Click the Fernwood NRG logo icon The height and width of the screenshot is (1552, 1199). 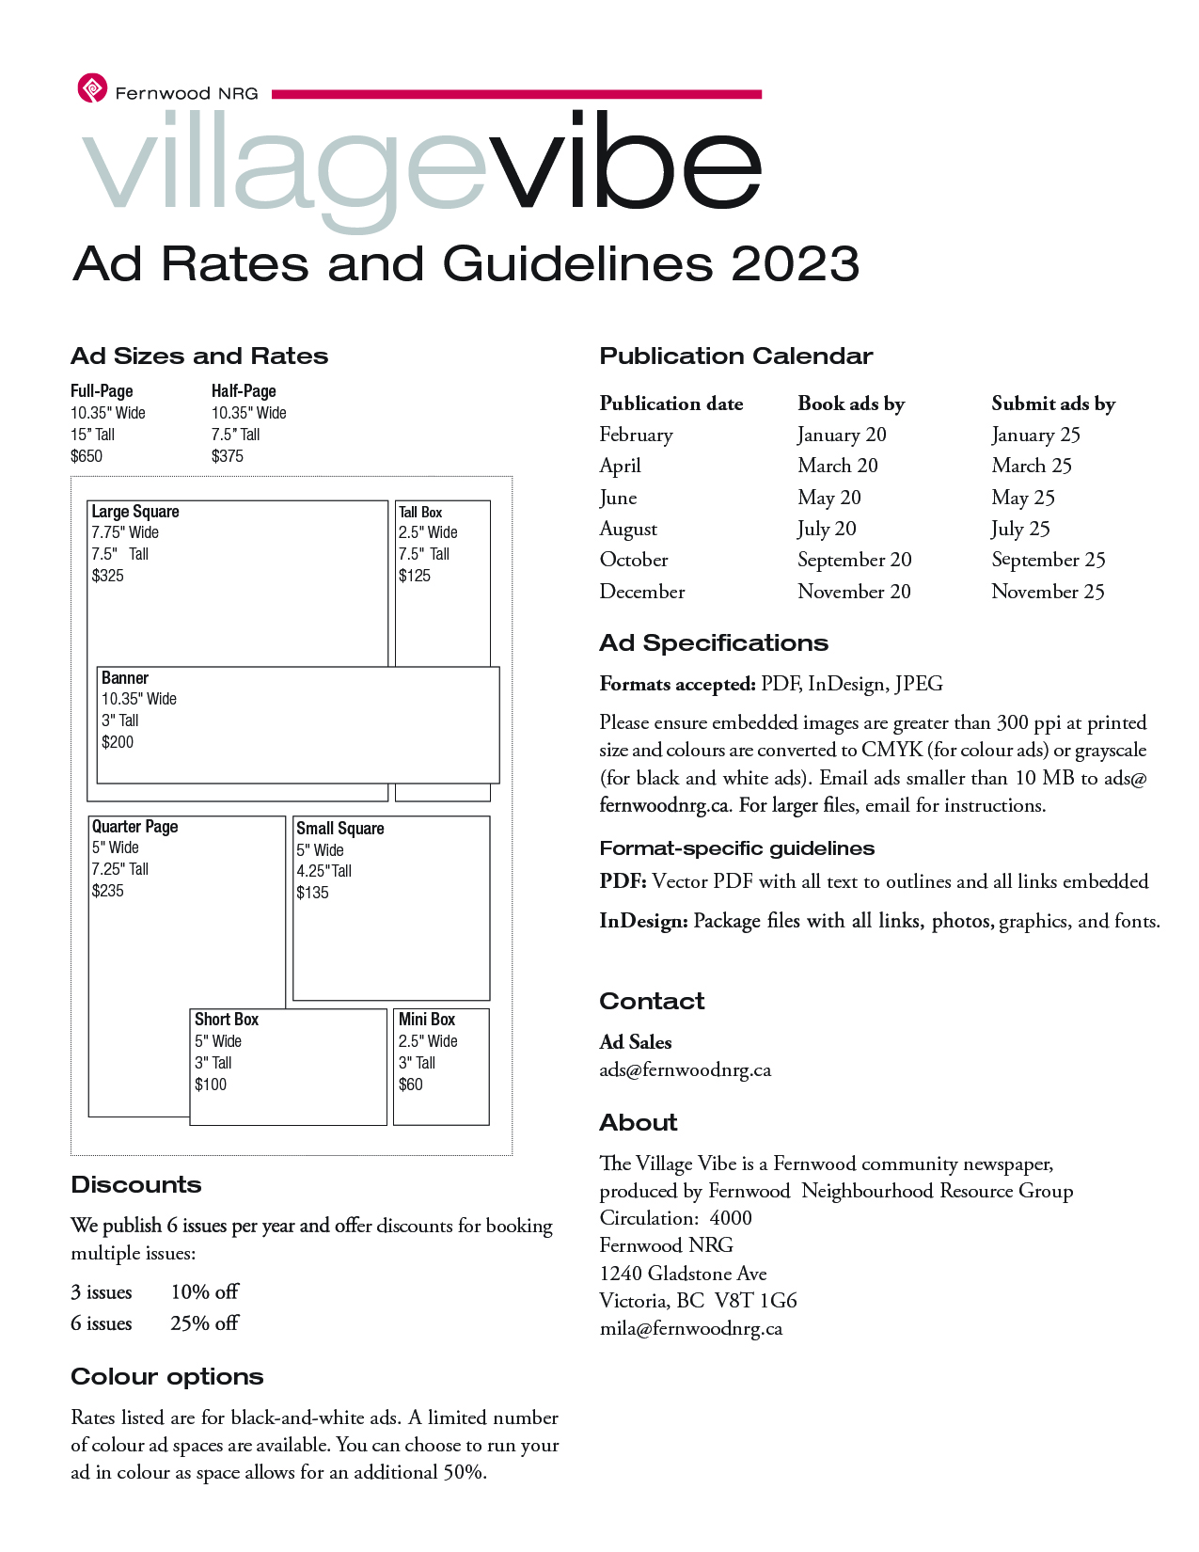click(92, 88)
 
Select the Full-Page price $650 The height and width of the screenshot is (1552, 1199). click(87, 456)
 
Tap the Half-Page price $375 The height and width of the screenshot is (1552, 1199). click(228, 456)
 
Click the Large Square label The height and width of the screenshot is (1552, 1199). click(135, 512)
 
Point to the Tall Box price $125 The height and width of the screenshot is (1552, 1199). click(415, 576)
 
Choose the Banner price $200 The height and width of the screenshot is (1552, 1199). click(118, 742)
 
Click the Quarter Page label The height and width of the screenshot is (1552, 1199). click(134, 827)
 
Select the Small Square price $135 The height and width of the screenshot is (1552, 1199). click(312, 893)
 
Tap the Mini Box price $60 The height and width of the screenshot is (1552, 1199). click(411, 1085)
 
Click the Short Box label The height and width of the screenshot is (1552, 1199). click(227, 1020)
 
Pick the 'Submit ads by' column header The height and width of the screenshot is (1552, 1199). click(1053, 404)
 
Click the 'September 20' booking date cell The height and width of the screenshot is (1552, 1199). click(855, 560)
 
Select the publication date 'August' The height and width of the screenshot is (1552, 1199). click(628, 529)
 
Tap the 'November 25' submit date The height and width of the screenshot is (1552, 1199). click(1048, 592)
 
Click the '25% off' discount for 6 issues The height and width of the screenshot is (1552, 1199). click(204, 1323)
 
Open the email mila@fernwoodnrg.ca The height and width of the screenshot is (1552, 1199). click(691, 1329)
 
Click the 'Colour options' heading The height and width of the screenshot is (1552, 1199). click(167, 1377)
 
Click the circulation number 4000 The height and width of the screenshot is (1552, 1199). click(731, 1218)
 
